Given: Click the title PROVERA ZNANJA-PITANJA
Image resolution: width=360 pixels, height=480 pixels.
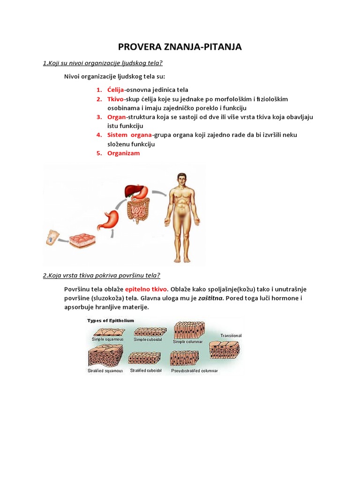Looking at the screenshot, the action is tap(180, 47).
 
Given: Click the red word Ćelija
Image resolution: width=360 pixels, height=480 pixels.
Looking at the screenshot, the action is tap(115, 90).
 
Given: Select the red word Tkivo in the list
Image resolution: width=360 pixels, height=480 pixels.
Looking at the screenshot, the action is tap(115, 99).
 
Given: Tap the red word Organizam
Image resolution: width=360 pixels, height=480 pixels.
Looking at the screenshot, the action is tap(123, 153).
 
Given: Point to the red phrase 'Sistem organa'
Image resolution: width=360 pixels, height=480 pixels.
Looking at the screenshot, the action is tap(129, 135).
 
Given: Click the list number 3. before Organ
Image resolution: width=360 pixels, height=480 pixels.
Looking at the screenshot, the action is tap(99, 117).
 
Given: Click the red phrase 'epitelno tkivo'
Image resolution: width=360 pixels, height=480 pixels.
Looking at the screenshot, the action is tap(146, 289).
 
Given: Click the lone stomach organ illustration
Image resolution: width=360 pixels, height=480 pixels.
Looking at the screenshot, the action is tap(108, 219).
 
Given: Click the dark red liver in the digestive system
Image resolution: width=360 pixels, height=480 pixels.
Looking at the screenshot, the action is tap(133, 191).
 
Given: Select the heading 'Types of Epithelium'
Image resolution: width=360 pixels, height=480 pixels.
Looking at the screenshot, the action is tap(111, 321).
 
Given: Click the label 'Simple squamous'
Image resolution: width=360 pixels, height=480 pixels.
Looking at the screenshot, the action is tap(108, 339).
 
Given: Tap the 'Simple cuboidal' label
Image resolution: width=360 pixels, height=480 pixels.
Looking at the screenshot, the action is tap(148, 339).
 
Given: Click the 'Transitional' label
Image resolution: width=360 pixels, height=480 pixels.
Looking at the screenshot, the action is tap(231, 336).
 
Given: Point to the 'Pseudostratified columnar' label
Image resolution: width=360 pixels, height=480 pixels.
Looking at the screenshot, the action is tap(195, 371).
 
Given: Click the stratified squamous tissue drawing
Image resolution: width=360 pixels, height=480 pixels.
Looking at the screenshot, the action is tap(105, 355).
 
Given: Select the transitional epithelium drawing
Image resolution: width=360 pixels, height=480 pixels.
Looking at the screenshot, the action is tap(225, 350).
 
